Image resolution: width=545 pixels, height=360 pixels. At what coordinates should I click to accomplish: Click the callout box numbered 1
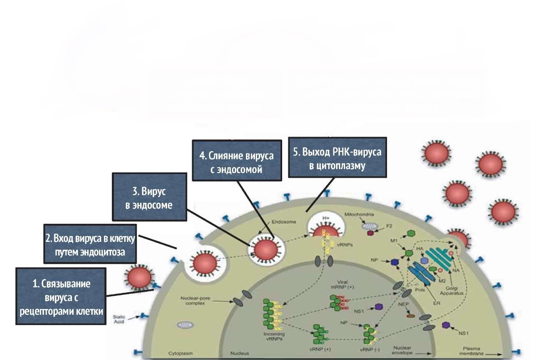click(x=61, y=296)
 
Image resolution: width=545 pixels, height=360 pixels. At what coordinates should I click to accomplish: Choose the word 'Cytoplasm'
click(x=181, y=353)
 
